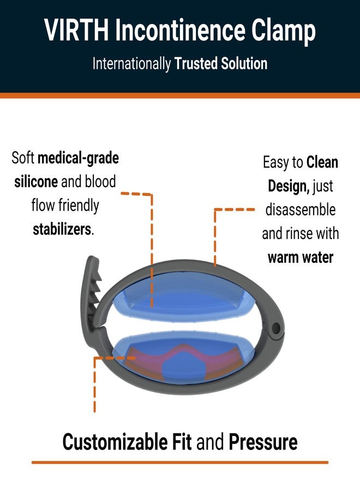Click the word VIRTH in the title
(x=76, y=30)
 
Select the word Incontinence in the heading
(x=180, y=30)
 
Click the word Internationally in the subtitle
(x=131, y=64)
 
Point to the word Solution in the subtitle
(x=244, y=63)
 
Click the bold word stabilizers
(x=62, y=229)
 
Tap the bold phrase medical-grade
(x=78, y=158)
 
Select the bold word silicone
(x=36, y=182)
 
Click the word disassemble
(x=301, y=209)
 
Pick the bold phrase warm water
(x=301, y=258)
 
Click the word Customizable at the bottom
(x=115, y=442)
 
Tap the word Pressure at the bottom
(x=263, y=442)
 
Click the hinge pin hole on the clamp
(x=276, y=328)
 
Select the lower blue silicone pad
(x=183, y=357)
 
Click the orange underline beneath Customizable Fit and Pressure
(x=180, y=462)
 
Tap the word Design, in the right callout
(x=289, y=187)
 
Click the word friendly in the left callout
(x=79, y=206)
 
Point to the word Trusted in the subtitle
(x=196, y=63)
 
